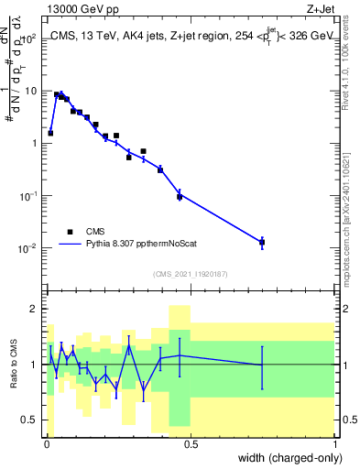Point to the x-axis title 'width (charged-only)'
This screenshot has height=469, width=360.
tap(283, 457)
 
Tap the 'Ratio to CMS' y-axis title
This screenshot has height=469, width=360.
tap(13, 365)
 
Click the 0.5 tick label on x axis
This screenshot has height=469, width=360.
tap(191, 443)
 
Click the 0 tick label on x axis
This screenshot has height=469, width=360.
tap(47, 443)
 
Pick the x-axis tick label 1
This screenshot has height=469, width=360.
tap(334, 443)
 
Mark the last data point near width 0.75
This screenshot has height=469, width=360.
tap(262, 242)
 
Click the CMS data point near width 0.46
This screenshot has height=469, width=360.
tap(180, 196)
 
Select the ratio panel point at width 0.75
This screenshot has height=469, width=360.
tap(262, 365)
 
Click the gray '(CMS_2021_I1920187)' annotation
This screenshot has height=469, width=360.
tap(190, 273)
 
